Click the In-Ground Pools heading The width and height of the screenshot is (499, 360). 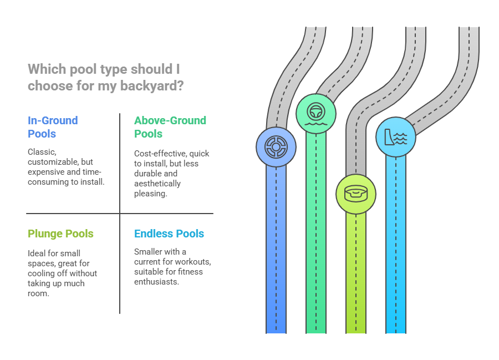53,126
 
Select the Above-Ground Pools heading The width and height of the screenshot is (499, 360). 170,126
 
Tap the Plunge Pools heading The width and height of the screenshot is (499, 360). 60,234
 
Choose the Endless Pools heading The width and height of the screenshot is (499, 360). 169,234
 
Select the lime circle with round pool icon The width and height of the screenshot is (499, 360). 356,194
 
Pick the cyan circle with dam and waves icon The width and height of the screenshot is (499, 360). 396,136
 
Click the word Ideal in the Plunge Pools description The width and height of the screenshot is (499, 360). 37,253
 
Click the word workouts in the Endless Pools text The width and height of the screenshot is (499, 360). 188,261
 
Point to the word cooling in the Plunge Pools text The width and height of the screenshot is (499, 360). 42,273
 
